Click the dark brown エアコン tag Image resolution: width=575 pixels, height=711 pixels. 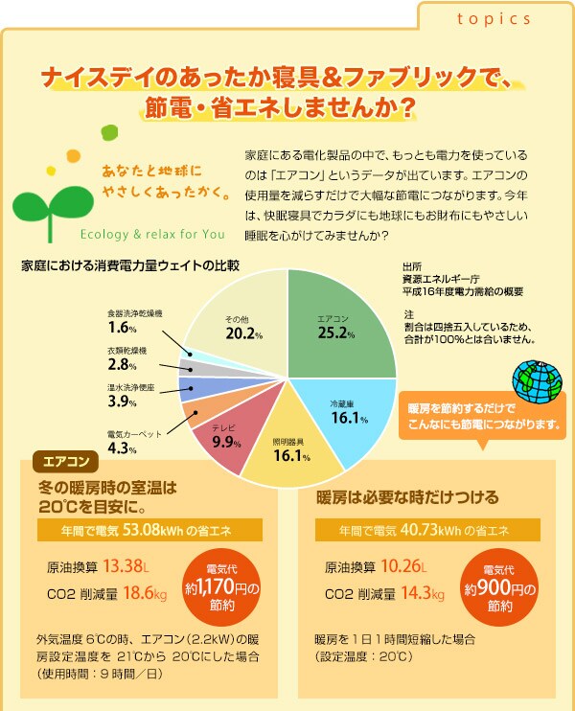66,460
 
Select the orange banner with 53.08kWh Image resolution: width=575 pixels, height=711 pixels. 149,530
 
